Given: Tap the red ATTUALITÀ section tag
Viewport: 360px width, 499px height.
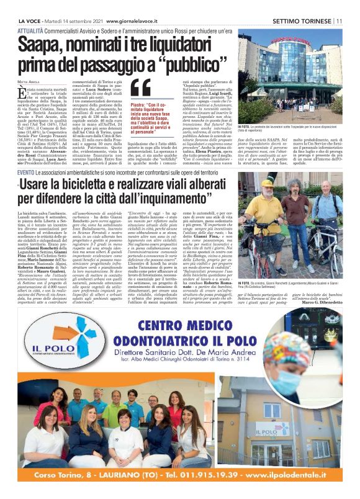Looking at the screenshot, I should coord(32,30).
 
